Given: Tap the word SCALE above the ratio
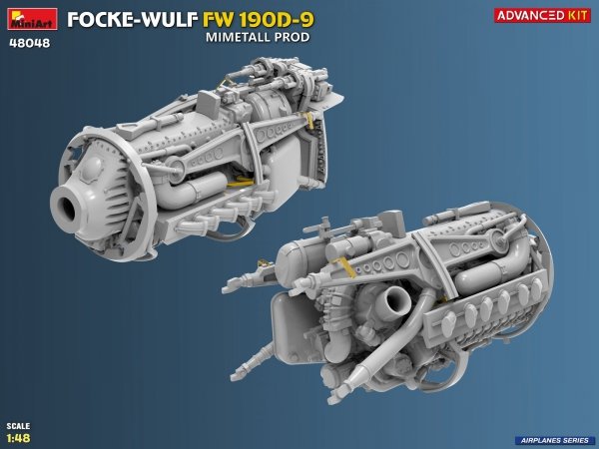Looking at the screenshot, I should click(16, 426).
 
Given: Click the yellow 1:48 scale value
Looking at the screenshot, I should click(17, 437).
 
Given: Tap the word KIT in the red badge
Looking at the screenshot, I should click(574, 16).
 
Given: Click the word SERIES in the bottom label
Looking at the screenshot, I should click(572, 440).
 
